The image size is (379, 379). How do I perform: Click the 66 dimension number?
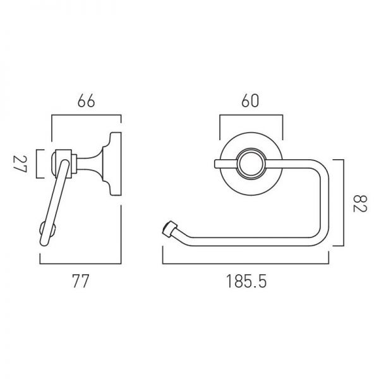[87, 101]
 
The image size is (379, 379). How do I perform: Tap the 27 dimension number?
[20, 164]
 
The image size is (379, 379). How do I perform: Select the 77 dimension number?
[81, 281]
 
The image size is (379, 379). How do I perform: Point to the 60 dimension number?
[250, 101]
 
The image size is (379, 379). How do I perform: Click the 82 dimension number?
[361, 203]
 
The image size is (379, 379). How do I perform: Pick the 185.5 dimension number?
[246, 281]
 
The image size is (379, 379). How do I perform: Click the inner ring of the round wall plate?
[251, 164]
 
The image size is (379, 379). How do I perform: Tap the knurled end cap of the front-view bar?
[167, 229]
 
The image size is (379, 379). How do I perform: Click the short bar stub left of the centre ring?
[226, 164]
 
